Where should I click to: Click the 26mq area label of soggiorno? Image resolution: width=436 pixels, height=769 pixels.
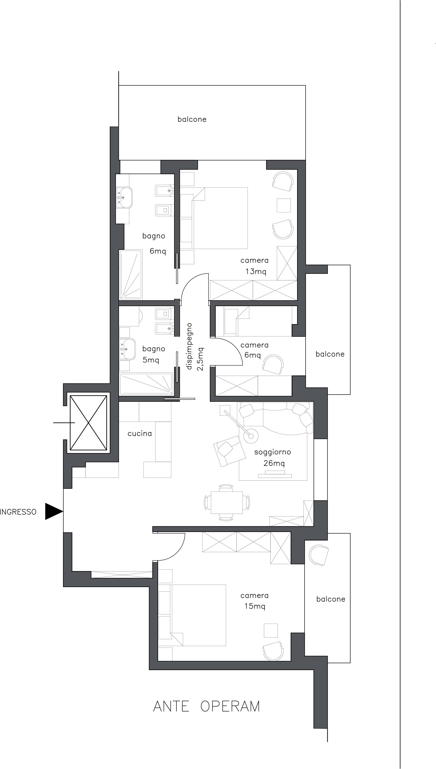[x=274, y=463]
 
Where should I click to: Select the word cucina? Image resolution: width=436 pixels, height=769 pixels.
[x=140, y=433]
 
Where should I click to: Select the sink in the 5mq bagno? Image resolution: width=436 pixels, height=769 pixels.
[x=127, y=349]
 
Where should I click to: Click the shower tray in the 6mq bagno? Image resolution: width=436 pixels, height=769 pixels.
[x=131, y=275]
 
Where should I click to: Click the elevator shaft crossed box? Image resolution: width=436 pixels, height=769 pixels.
[x=88, y=423]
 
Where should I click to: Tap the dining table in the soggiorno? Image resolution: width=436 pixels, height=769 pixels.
[x=227, y=503]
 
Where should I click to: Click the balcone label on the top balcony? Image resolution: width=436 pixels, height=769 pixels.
[x=192, y=119]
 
